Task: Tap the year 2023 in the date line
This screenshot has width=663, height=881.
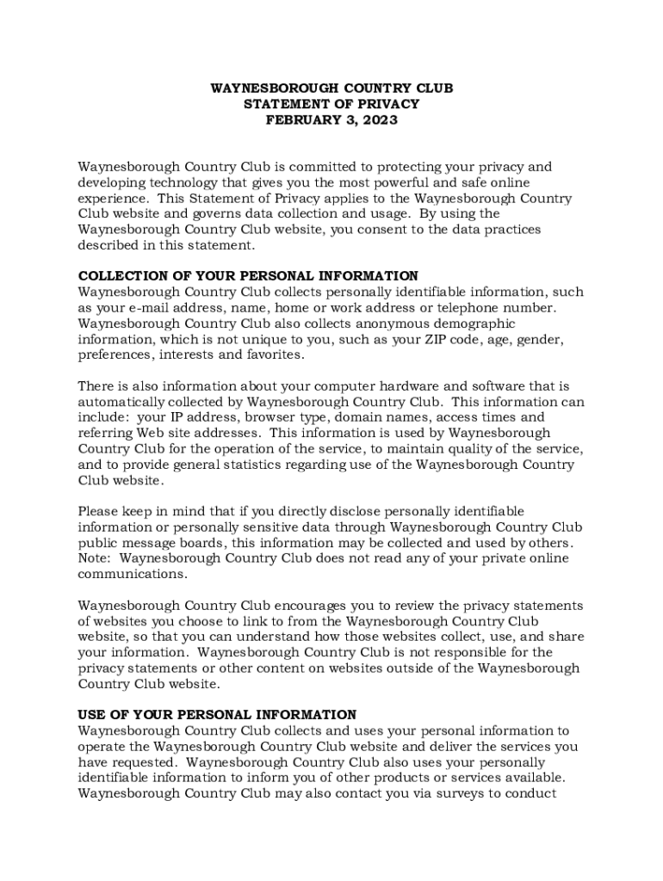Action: [380, 120]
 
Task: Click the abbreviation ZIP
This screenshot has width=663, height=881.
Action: [435, 339]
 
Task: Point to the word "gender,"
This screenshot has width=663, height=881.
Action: [541, 339]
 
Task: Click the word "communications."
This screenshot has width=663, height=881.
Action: [133, 574]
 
